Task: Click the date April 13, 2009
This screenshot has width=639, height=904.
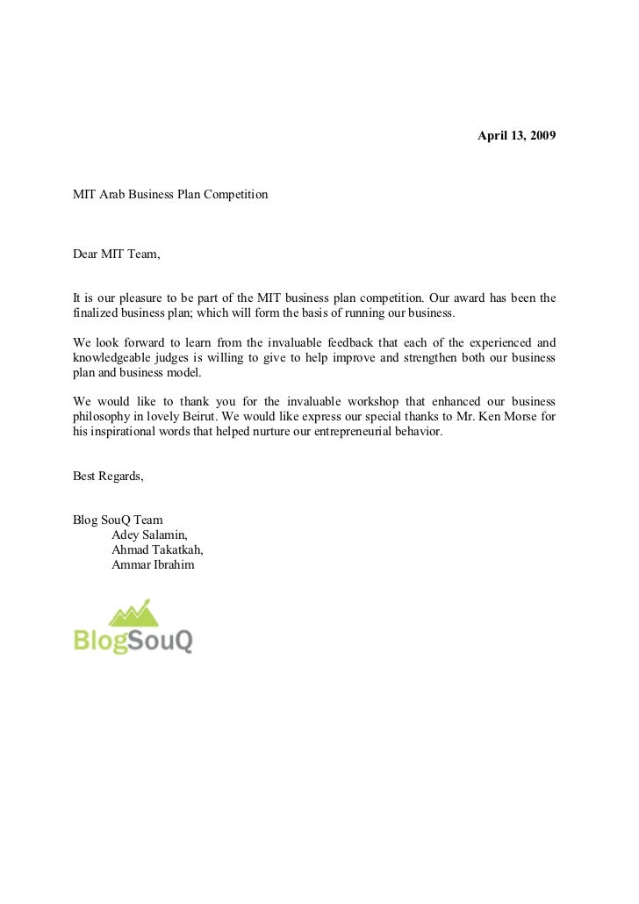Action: [x=516, y=138]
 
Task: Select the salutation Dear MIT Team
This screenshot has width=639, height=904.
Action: [x=117, y=255]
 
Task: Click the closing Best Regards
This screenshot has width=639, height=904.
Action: [x=108, y=477]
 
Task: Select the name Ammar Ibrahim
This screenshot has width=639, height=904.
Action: [x=153, y=564]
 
